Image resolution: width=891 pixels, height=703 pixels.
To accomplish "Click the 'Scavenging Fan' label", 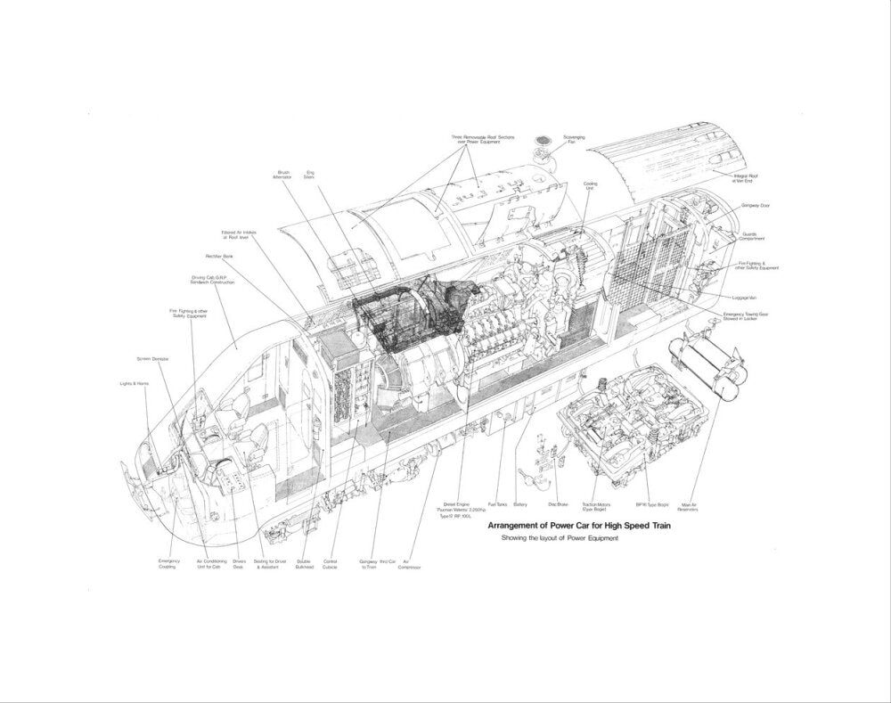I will tap(574, 140).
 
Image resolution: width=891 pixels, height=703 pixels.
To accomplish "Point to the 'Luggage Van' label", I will tap(745, 297).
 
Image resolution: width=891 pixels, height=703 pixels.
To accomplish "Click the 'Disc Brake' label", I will tap(558, 504).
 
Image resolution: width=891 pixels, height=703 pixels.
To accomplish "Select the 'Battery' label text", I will tap(520, 504).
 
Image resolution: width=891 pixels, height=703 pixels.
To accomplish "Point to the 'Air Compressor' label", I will tap(411, 565).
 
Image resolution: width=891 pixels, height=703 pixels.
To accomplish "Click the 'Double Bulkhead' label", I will tap(305, 565).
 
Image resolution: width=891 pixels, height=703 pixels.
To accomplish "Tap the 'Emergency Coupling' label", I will tap(168, 565).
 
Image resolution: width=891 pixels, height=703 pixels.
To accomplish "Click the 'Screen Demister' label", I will tap(152, 358).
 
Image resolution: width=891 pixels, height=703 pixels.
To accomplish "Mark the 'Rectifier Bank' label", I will tap(218, 256).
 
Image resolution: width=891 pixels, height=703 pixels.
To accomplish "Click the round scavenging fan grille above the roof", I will tap(543, 142).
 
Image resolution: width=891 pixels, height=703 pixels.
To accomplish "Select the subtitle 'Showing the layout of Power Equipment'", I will tap(560, 539).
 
